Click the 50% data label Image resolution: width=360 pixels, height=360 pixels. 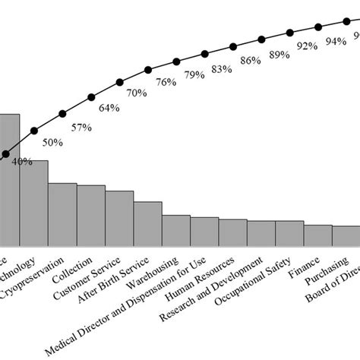[52, 142]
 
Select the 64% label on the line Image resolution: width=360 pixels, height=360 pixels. [109, 108]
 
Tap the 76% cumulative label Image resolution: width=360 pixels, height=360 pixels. [166, 82]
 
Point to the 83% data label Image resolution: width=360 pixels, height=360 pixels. [222, 69]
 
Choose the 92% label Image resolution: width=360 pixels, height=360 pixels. [307, 46]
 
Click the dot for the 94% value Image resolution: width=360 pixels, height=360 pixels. [317, 27]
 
